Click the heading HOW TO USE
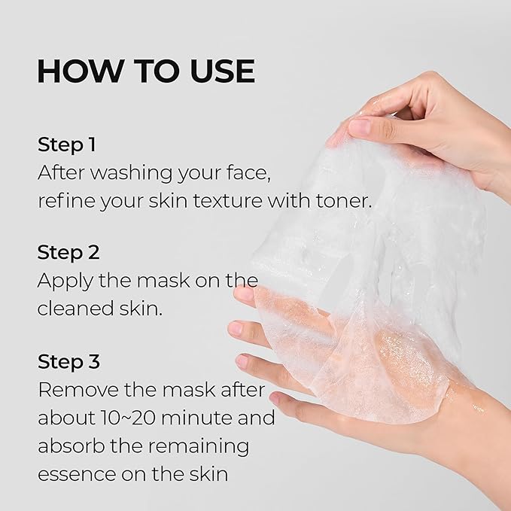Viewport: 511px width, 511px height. pyautogui.click(x=145, y=71)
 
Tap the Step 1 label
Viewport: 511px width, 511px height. pyautogui.click(x=67, y=144)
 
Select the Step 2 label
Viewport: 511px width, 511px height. pyautogui.click(x=68, y=252)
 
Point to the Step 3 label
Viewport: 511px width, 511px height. pyautogui.click(x=68, y=362)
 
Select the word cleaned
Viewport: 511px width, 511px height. pyautogui.click(x=74, y=309)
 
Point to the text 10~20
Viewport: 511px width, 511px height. pyautogui.click(x=129, y=418)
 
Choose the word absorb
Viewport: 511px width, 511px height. pyautogui.click(x=70, y=446)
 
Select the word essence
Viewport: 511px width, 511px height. pyautogui.click(x=71, y=473)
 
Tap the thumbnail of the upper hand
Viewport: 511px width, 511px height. pyautogui.click(x=357, y=126)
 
